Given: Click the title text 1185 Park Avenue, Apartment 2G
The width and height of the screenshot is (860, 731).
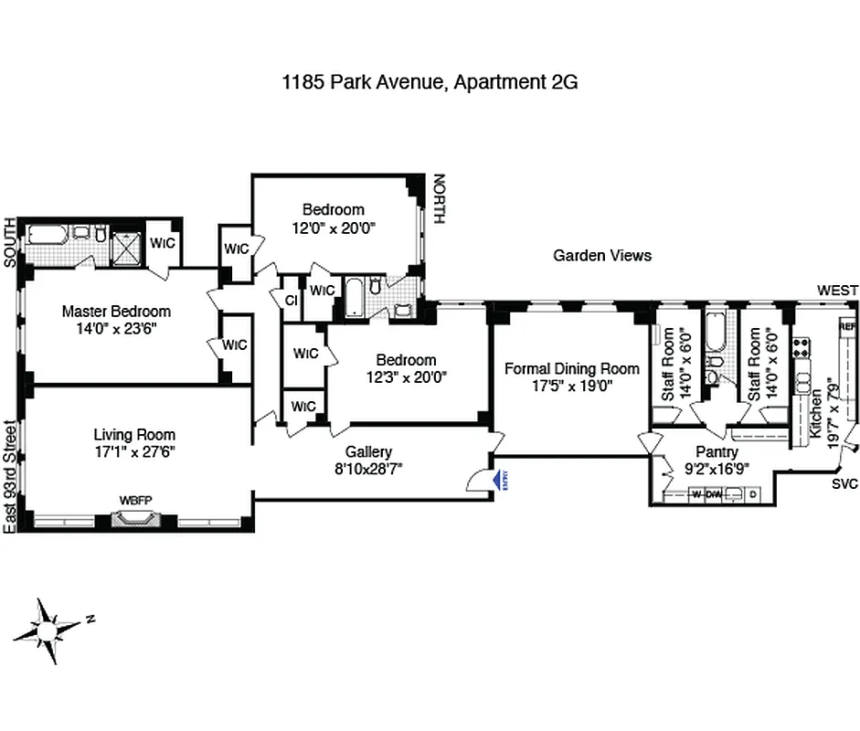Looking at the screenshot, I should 430,82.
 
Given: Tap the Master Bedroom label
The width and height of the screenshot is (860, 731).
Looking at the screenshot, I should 116,311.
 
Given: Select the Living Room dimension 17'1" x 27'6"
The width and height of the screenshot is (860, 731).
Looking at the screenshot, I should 134,451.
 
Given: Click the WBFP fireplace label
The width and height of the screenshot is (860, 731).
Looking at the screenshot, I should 135,501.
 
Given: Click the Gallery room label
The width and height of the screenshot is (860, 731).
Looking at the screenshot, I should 368,451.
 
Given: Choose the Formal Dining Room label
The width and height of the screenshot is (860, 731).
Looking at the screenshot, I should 572,368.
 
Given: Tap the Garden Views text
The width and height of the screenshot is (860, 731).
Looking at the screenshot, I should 602,255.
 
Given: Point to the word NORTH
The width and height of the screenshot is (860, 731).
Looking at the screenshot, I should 439,199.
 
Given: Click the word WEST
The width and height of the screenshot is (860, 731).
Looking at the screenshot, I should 837,291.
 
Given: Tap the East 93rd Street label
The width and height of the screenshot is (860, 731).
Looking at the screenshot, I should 10,476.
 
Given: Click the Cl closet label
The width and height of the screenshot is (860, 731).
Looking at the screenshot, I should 291,301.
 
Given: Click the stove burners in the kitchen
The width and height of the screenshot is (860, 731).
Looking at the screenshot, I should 802,347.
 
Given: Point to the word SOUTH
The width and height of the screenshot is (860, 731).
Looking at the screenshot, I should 10,242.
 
